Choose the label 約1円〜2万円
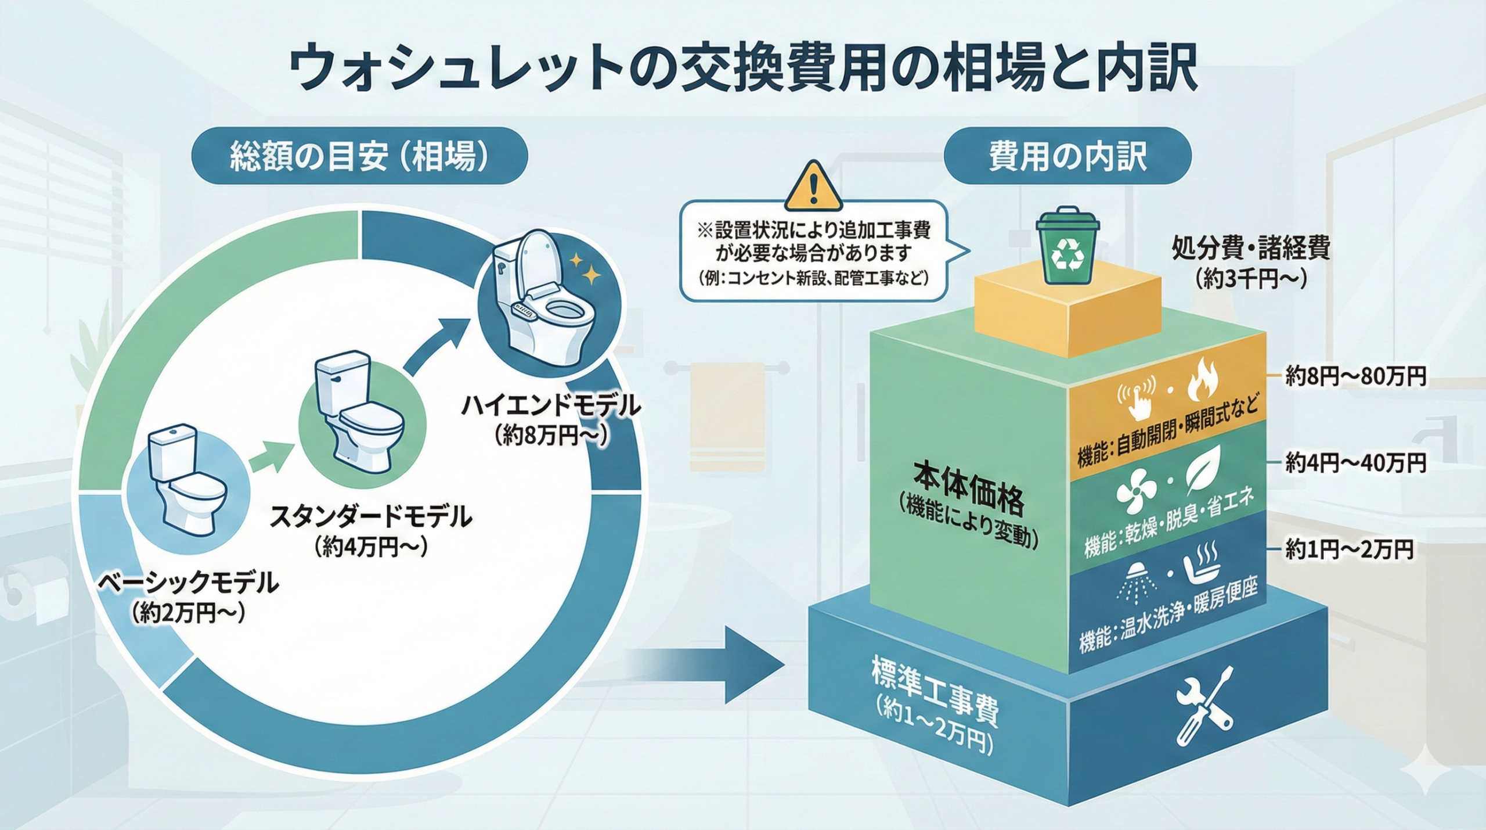[1349, 549]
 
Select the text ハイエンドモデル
[551, 406]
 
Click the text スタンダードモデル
[371, 516]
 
